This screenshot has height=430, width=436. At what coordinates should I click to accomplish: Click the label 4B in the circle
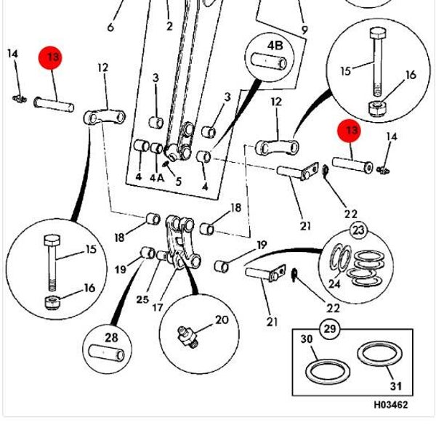[x=275, y=46]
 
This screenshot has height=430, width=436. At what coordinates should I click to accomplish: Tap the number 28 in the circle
[x=111, y=338]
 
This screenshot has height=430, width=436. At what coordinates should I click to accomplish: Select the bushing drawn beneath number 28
[x=106, y=354]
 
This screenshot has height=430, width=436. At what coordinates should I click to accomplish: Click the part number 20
[x=221, y=320]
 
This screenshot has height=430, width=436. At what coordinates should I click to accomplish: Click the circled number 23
[x=358, y=231]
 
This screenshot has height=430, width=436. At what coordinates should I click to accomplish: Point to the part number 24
[x=334, y=284]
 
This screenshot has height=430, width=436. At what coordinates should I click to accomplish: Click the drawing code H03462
[x=390, y=405]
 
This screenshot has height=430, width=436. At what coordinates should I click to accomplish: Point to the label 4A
[x=156, y=177]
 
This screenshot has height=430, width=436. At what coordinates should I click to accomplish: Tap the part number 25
[x=142, y=299]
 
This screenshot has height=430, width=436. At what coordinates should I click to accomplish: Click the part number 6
[x=110, y=28]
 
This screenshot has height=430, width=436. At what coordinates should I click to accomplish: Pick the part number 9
[x=304, y=30]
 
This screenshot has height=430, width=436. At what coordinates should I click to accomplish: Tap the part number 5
[x=178, y=182]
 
